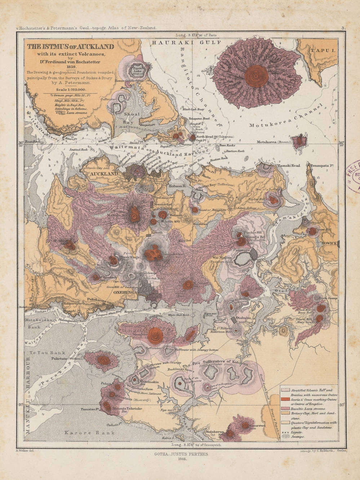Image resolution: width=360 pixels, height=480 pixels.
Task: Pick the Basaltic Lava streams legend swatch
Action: (x=285, y=409)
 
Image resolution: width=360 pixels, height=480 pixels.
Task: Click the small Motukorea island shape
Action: (x=299, y=141)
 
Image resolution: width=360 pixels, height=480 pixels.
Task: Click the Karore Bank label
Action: (x=90, y=433)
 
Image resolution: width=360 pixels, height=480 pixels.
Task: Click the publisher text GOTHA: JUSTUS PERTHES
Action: (x=180, y=455)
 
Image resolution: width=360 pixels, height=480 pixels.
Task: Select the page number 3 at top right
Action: (x=343, y=28)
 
